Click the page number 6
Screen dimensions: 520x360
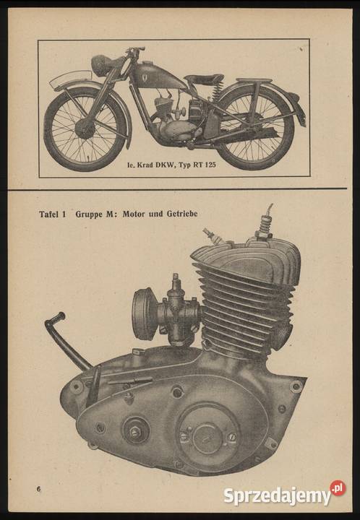39,489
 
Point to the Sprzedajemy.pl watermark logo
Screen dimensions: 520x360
284,494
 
